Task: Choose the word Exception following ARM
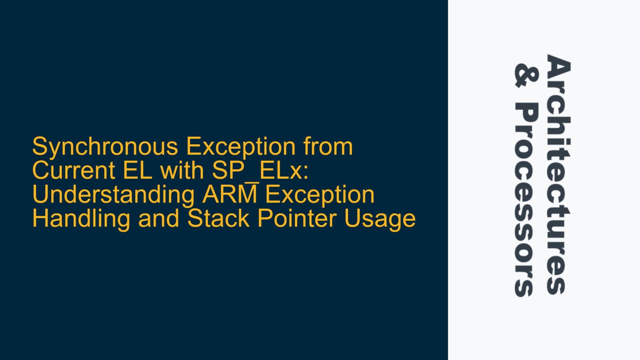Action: point(320,195)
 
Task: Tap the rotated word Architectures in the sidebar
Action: point(558,175)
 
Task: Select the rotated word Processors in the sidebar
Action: point(527,200)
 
